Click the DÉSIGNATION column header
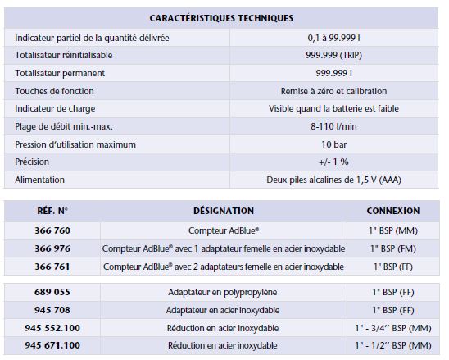(x=223, y=211)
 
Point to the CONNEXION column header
(x=393, y=211)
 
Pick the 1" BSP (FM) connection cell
(x=393, y=248)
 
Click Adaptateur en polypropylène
(x=223, y=292)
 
